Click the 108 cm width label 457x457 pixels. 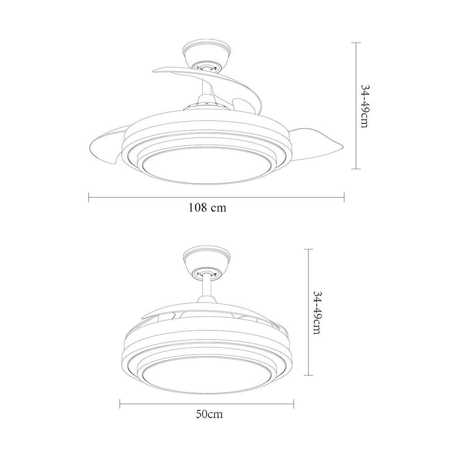(x=207, y=207)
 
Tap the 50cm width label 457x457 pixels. (x=209, y=414)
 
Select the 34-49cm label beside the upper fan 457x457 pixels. (x=365, y=106)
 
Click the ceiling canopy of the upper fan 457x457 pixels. (x=207, y=56)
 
